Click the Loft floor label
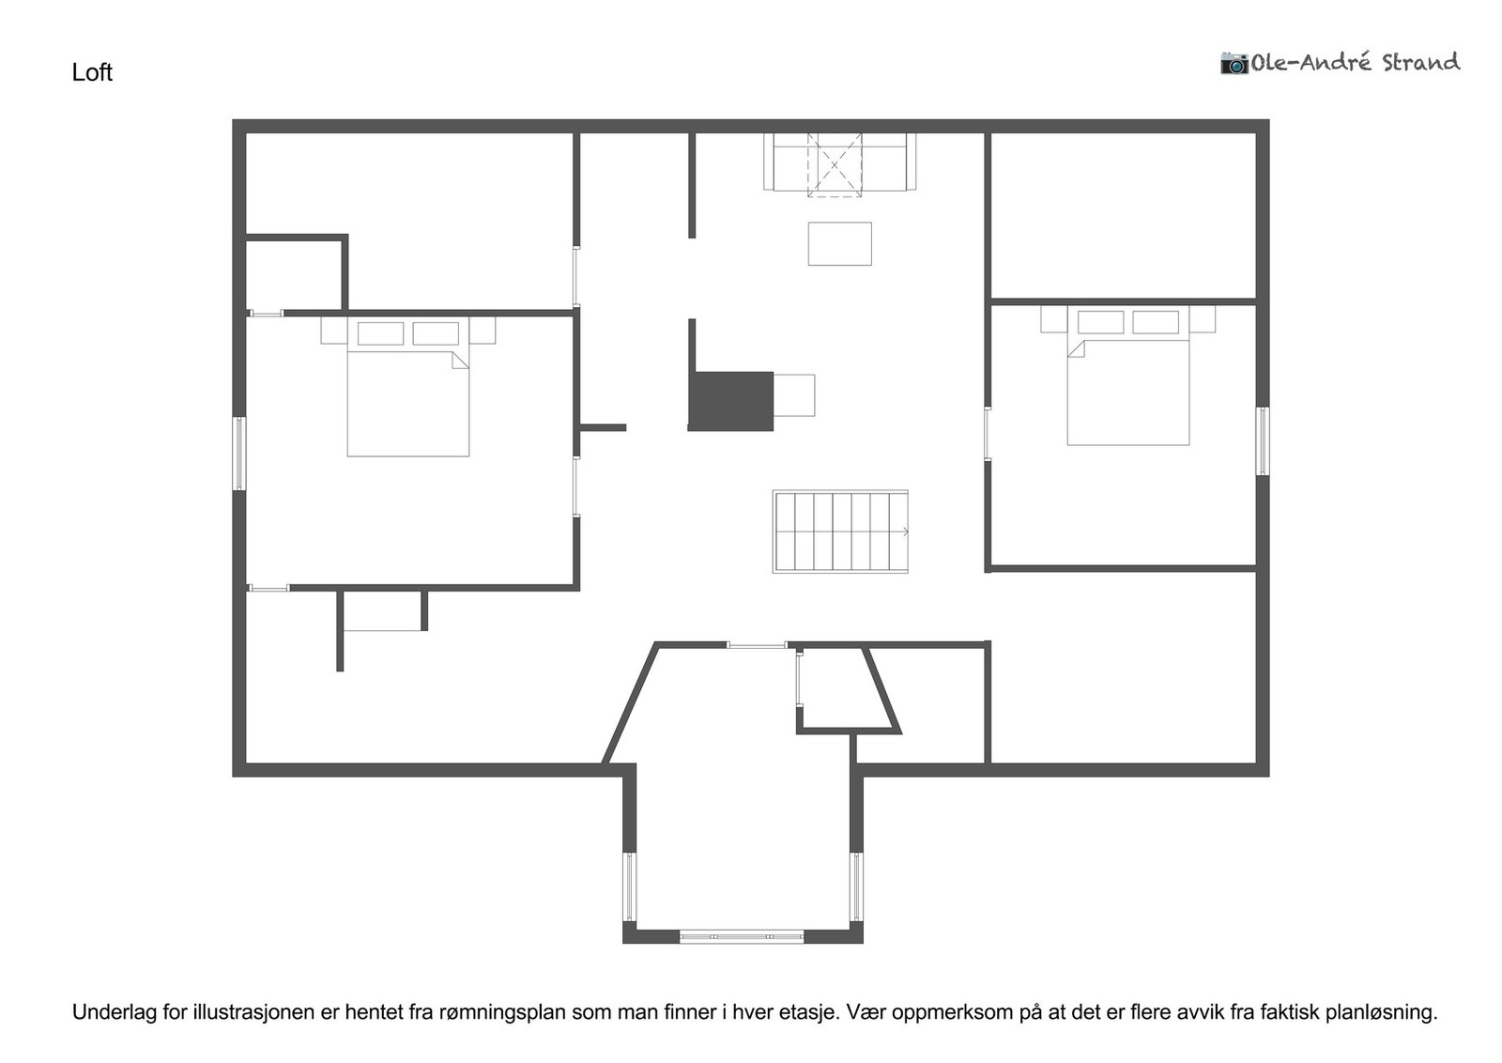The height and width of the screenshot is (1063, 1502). coord(92,72)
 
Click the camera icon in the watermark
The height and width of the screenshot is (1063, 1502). coord(1234,63)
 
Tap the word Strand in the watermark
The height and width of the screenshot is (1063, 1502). coord(1420,63)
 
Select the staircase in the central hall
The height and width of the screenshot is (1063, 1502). coord(840,531)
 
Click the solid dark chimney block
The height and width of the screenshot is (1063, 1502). coord(730,401)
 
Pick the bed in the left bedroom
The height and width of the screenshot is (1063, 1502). coord(407,399)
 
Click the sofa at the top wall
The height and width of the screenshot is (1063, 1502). coord(839,162)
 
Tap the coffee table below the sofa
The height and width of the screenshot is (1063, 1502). coord(839,244)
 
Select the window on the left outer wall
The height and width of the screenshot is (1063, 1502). coord(239,454)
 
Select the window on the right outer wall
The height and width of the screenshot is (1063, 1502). coord(1263,441)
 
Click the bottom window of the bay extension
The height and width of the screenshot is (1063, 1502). coord(741,936)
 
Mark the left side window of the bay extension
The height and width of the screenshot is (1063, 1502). coord(630,886)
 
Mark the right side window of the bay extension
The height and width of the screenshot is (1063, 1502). coord(855,886)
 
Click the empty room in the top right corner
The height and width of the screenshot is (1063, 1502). coord(1123,216)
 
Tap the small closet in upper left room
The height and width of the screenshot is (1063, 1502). coord(294,275)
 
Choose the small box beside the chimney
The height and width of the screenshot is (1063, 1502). coord(794,395)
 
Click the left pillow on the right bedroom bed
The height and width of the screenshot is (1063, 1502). coord(1100,322)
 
